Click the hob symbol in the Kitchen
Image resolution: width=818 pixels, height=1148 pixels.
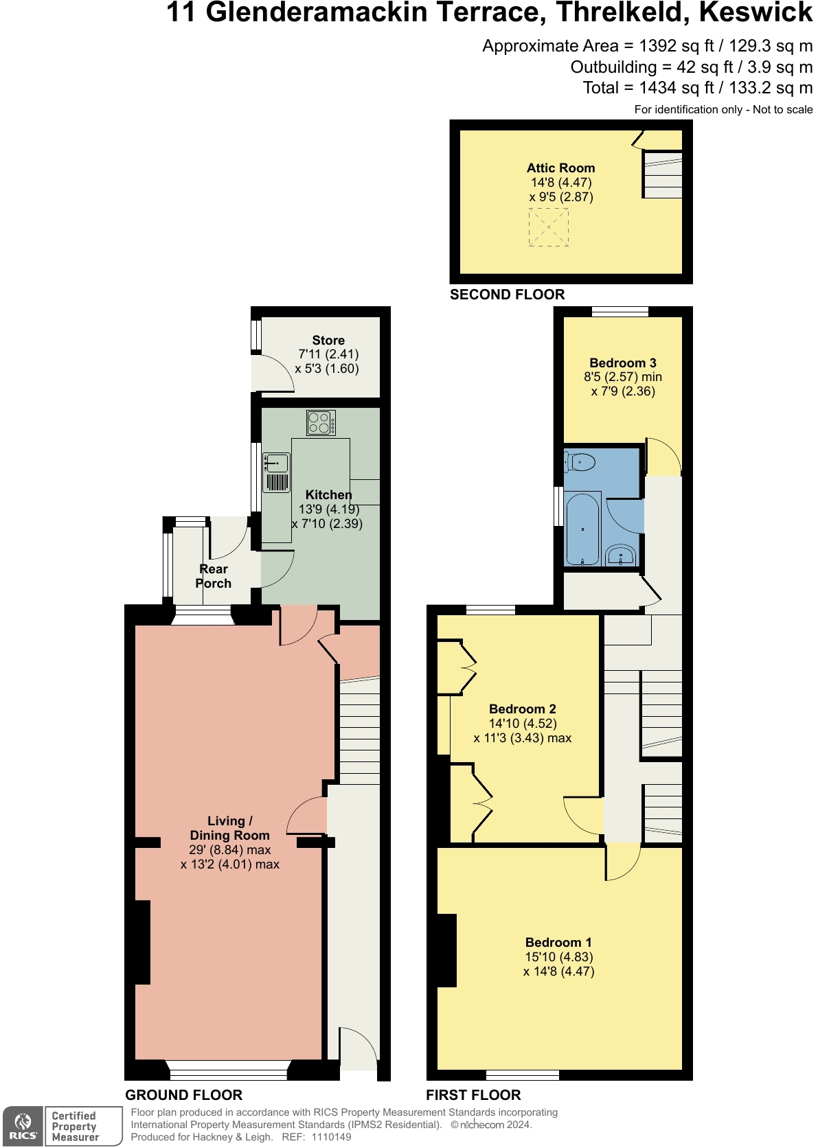coord(321,422)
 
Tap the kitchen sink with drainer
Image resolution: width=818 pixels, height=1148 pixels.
coord(277,472)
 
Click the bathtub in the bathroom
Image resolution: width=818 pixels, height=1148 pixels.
coord(582,529)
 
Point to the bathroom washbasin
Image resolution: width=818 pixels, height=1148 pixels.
coord(622,555)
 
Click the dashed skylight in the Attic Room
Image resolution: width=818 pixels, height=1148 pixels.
coord(548,227)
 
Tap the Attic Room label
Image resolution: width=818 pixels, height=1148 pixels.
coord(560,168)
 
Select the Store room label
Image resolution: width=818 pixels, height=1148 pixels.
coord(328,341)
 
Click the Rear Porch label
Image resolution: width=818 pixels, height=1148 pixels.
coord(213,576)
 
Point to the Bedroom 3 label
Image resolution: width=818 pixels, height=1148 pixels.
coord(622,363)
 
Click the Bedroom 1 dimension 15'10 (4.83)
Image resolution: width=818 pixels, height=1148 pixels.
coord(558,957)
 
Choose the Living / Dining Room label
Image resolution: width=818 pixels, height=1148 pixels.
coord(229,828)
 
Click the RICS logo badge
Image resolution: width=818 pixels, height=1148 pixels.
coord(23,1127)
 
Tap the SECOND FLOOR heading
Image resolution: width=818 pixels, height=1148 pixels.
coord(507,295)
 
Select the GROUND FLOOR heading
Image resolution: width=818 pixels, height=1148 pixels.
coord(183,1095)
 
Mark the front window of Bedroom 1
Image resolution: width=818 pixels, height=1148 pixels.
coord(523,1075)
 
